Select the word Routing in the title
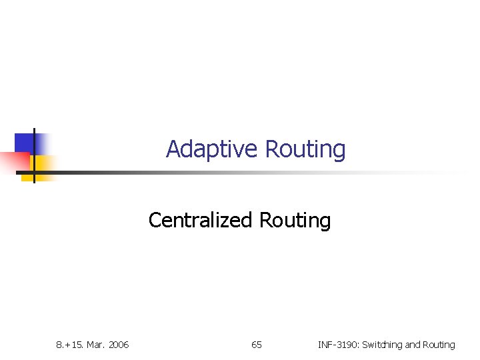click(x=305, y=149)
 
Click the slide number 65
click(x=257, y=345)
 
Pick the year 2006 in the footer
click(x=117, y=345)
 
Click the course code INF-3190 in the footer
click(x=339, y=345)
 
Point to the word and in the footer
click(x=413, y=345)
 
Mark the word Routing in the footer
click(x=439, y=345)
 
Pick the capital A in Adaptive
click(x=173, y=149)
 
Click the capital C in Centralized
click(x=154, y=220)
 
